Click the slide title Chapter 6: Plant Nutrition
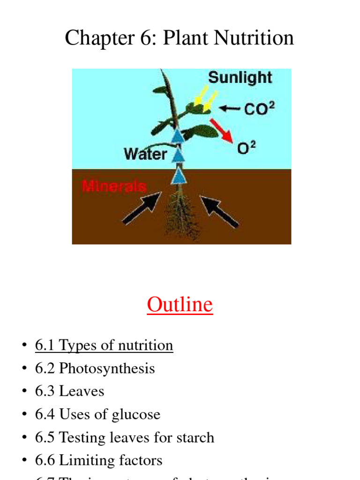pos(180,37)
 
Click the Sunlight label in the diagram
pos(240,77)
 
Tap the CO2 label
pos(259,109)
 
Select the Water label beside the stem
pos(145,154)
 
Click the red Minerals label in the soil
pos(114,186)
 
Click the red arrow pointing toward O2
pos(221,130)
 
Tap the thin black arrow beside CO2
pos(230,109)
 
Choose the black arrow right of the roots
pos(219,210)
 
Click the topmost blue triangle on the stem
pos(177,136)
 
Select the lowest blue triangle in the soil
pos(178,177)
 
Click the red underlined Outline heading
pos(180,304)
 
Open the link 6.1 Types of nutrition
pos(104,345)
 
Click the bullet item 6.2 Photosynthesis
pos(95,368)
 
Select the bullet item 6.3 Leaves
pos(69,391)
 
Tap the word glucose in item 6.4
pos(136,414)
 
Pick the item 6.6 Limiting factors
pos(98,460)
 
